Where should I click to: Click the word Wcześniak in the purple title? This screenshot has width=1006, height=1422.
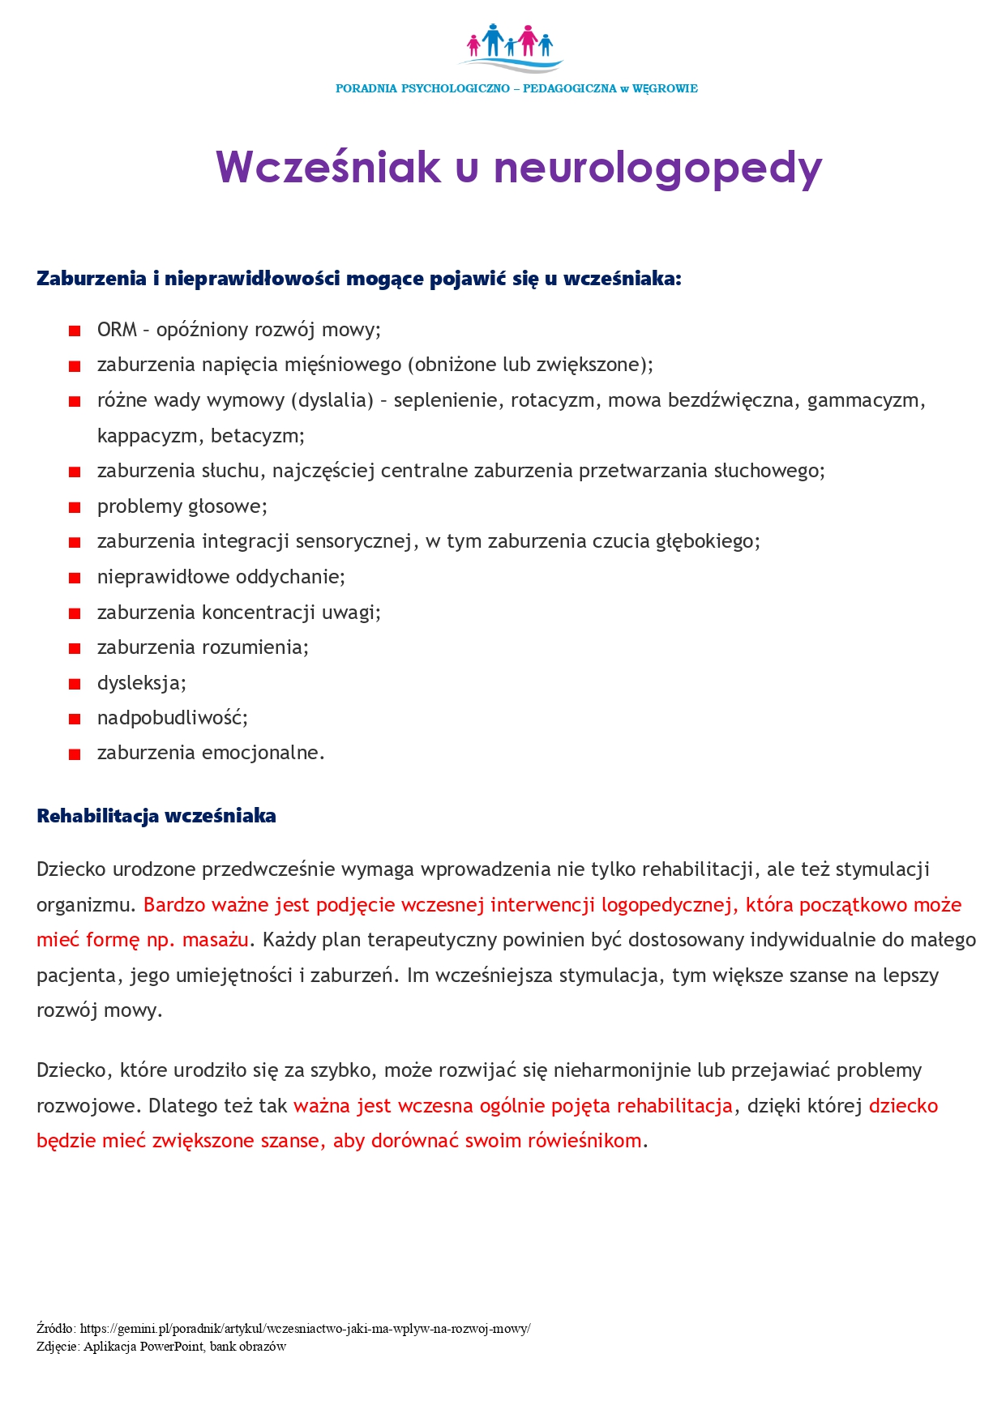[x=328, y=167]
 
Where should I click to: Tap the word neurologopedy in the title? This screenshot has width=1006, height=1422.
[x=657, y=169]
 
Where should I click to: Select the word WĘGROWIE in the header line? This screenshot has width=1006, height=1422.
[x=665, y=88]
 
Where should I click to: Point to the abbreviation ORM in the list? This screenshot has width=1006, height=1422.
[x=117, y=330]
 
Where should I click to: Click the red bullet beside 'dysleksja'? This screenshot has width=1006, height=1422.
[x=75, y=684]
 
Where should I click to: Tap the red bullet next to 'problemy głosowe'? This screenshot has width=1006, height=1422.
[x=75, y=507]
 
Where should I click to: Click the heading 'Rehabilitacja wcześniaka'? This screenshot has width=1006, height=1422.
[x=156, y=816]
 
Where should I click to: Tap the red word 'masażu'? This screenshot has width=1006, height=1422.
[x=216, y=940]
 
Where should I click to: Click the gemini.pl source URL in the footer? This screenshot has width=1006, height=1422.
[x=305, y=1329]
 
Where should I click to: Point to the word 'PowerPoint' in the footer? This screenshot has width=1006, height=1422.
[x=172, y=1347]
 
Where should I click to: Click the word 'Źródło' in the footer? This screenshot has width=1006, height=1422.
[x=55, y=1329]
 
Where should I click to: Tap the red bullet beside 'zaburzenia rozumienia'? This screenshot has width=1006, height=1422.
[x=75, y=648]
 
